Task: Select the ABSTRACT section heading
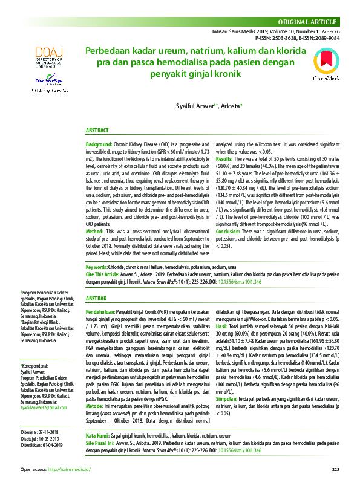pos(97,131)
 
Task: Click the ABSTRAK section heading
pos(97,299)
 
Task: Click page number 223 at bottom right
pos(336,469)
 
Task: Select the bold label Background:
pos(99,146)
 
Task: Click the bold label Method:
pos(95,232)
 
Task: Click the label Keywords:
pos(96,267)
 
